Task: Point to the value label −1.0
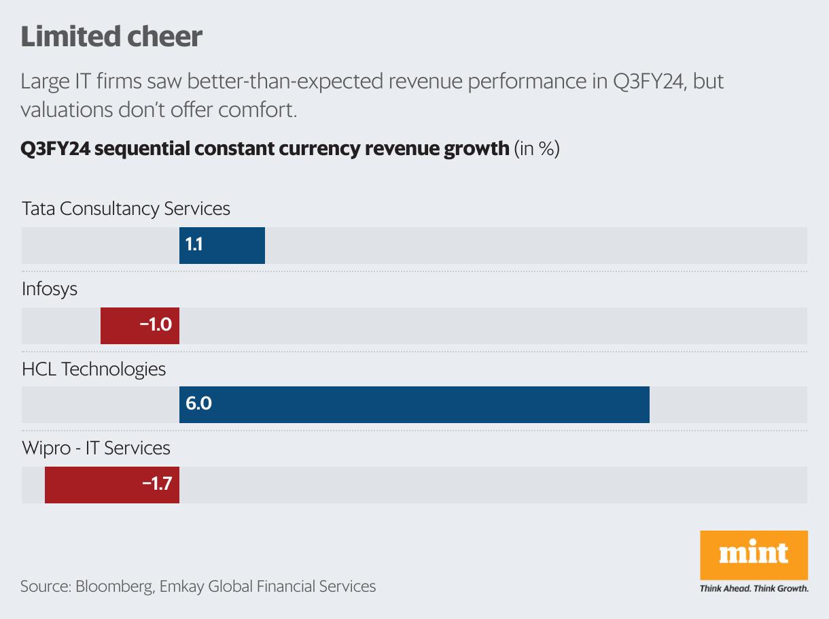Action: click(x=156, y=326)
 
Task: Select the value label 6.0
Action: click(x=198, y=405)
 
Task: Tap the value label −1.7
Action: click(x=157, y=485)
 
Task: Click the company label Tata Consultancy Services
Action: click(x=126, y=208)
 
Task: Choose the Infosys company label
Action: click(x=50, y=288)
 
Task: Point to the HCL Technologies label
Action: click(x=94, y=369)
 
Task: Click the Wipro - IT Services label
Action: click(x=96, y=448)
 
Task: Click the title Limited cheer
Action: click(x=111, y=37)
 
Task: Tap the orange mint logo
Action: click(x=754, y=554)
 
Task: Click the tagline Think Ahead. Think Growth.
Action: click(x=754, y=588)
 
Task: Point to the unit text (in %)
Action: click(x=537, y=149)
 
